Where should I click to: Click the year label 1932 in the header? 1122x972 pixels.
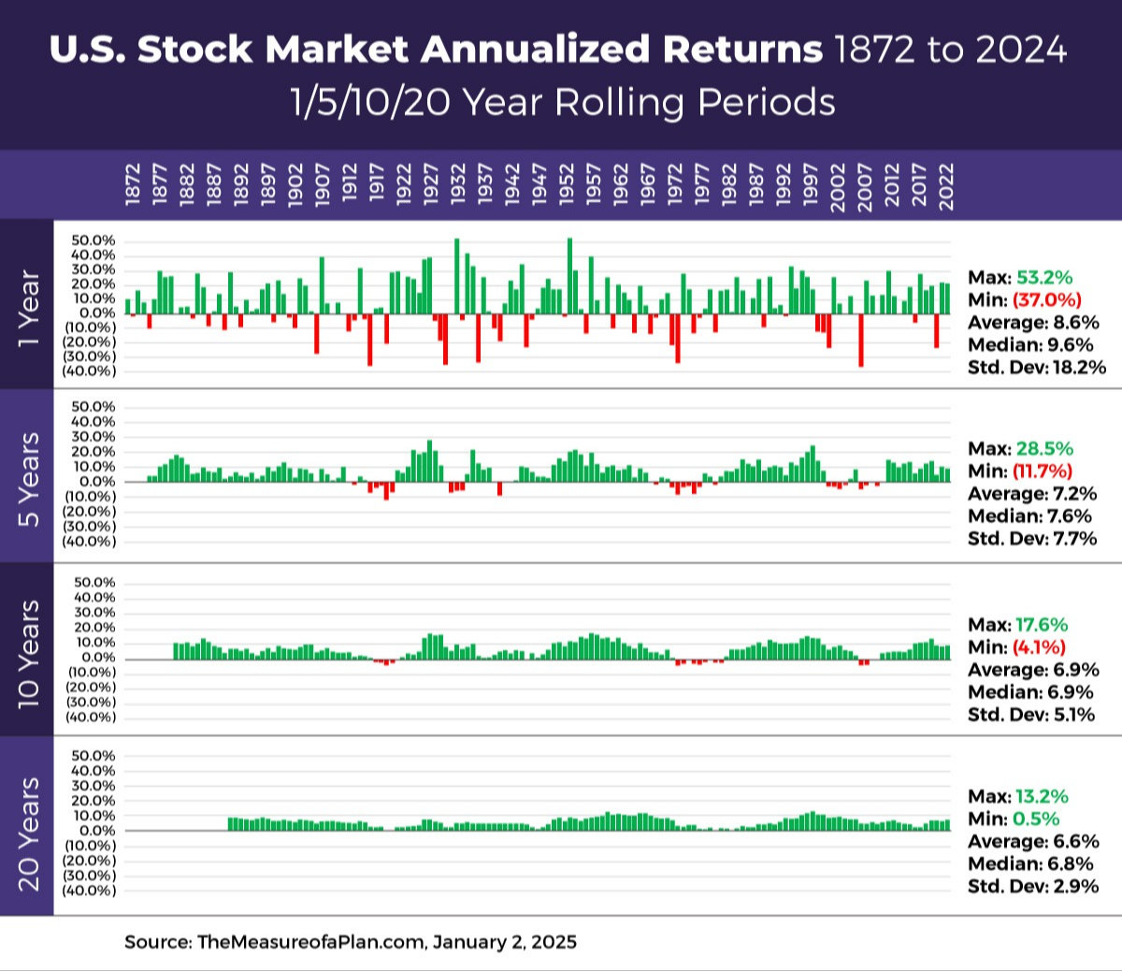[458, 186]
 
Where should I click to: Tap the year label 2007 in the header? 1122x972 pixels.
[865, 186]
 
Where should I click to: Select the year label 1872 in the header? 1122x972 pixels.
[133, 186]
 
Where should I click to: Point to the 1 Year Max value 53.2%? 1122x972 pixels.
[1044, 278]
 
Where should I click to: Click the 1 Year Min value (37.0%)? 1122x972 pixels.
[1047, 300]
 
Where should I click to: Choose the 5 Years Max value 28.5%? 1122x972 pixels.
[1044, 449]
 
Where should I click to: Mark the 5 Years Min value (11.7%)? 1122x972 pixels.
[1043, 471]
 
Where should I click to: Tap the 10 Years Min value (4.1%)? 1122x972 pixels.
[1039, 647]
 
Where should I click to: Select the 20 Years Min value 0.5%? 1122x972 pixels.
[1036, 820]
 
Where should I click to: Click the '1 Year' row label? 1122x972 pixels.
[28, 309]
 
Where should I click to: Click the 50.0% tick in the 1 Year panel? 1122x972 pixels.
[93, 241]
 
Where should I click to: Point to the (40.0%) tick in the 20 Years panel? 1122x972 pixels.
[89, 891]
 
